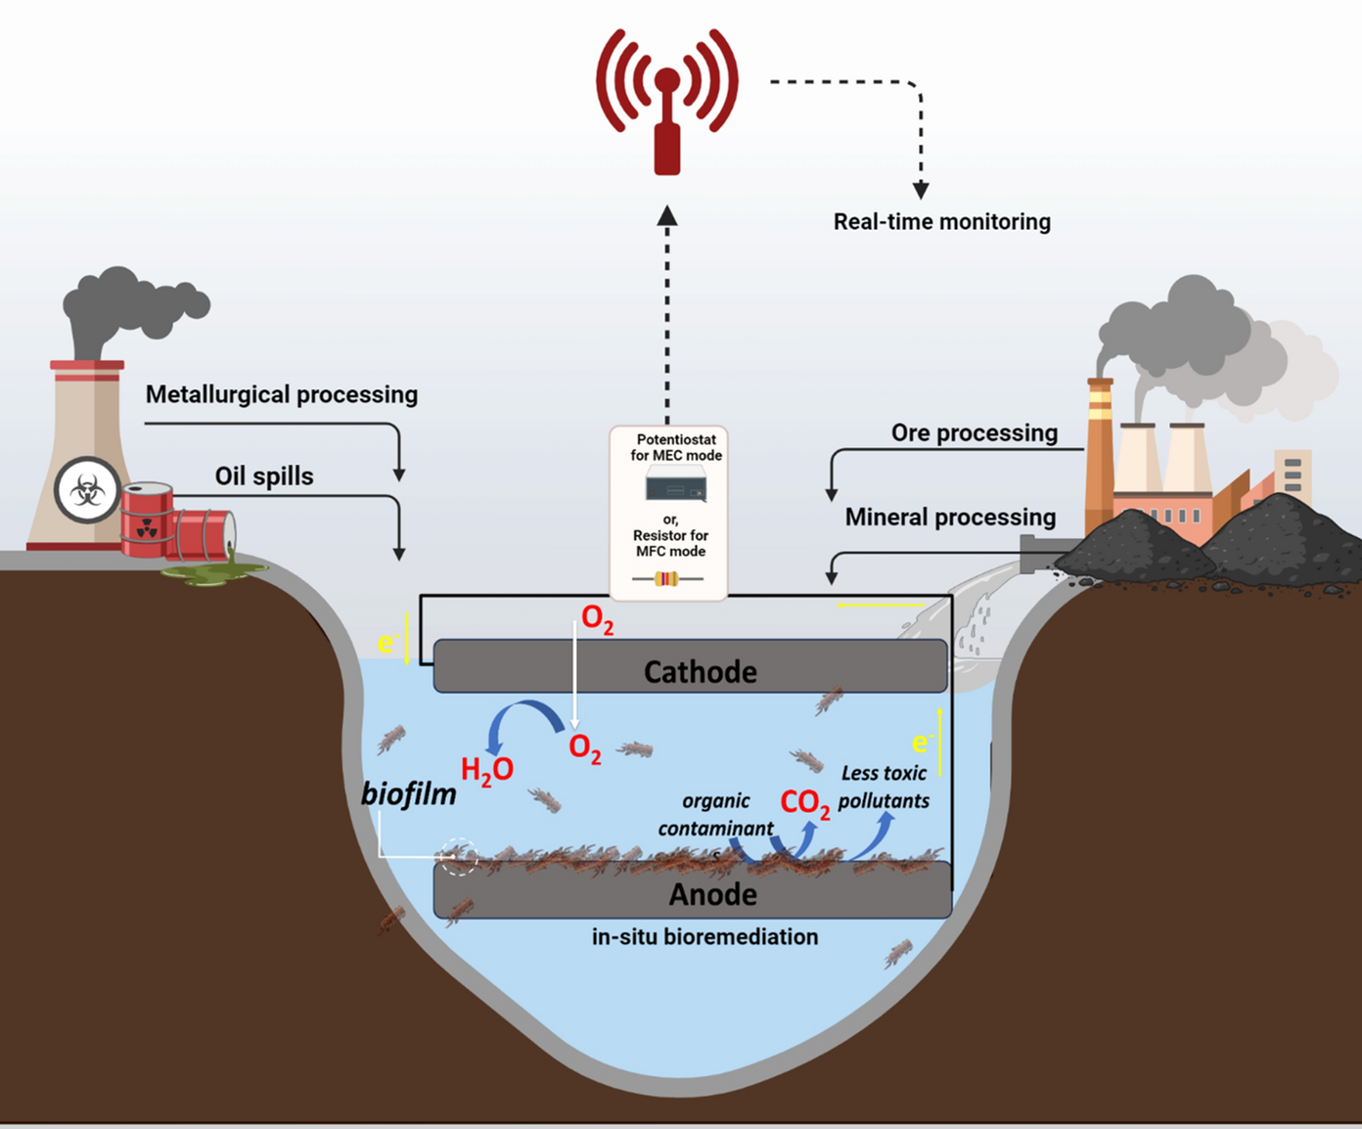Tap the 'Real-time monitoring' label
click(941, 222)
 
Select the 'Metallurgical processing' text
click(282, 394)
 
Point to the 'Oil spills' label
click(264, 476)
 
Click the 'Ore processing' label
click(974, 432)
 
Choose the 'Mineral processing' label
click(950, 517)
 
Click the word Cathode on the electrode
click(700, 672)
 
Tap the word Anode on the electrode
click(712, 894)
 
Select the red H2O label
click(486, 771)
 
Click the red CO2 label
click(804, 803)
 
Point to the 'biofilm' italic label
click(409, 793)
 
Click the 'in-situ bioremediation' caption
click(704, 937)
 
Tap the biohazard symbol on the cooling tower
click(87, 491)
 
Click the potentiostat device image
click(675, 485)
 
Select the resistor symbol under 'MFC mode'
click(666, 579)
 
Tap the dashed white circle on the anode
click(458, 858)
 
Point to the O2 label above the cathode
click(597, 619)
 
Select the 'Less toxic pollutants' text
click(884, 787)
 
